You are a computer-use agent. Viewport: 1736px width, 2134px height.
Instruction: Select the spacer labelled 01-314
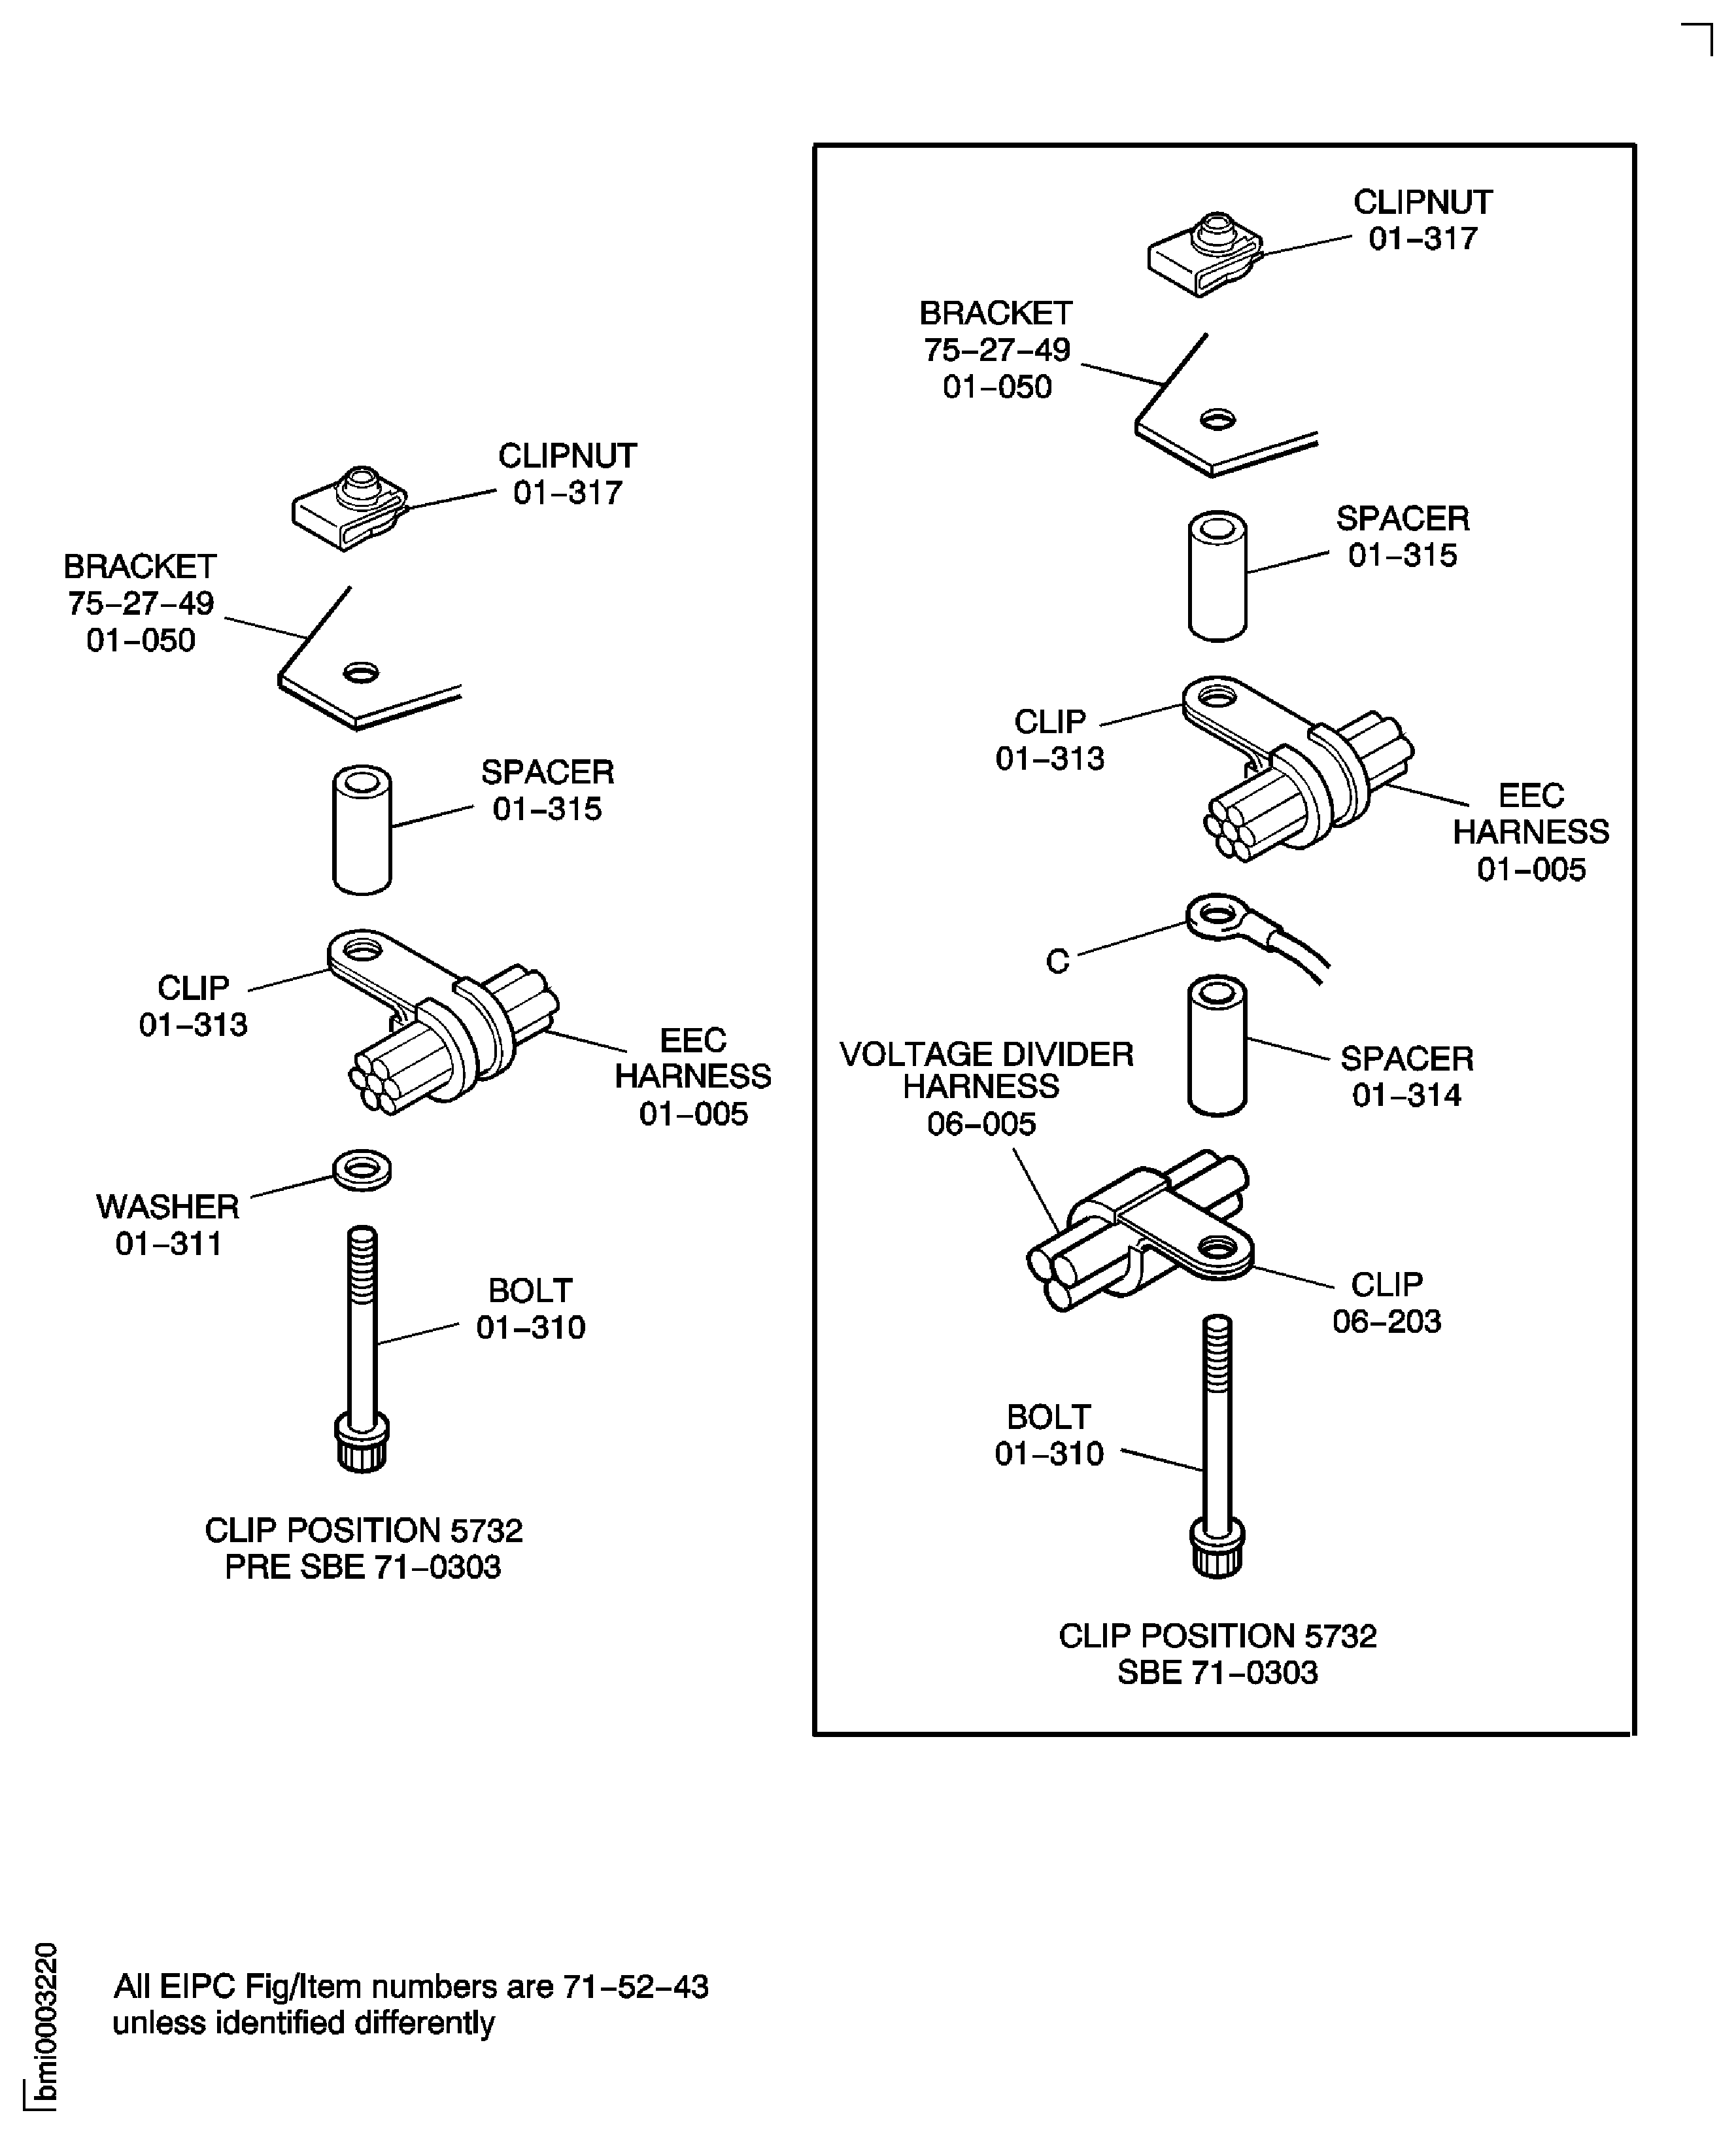[1217, 1045]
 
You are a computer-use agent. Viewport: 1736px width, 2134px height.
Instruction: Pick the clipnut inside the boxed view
[1204, 254]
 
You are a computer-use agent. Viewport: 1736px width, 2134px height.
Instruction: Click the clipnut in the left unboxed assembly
[349, 508]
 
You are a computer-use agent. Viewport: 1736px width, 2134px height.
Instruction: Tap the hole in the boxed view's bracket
[1217, 420]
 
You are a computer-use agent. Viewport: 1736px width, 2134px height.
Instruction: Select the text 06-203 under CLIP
[1386, 1321]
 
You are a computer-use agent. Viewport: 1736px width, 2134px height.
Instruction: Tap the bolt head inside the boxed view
[1217, 1550]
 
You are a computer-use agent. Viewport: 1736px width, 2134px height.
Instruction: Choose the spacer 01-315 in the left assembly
[361, 830]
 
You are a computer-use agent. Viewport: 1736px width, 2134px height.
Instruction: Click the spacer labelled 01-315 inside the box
[1217, 577]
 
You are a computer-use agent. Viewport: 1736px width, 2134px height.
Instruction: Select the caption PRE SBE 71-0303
[362, 1567]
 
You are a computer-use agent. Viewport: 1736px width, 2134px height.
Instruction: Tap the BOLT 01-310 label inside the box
[1048, 1435]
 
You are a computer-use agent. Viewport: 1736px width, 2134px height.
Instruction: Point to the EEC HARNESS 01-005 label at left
[693, 1077]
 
